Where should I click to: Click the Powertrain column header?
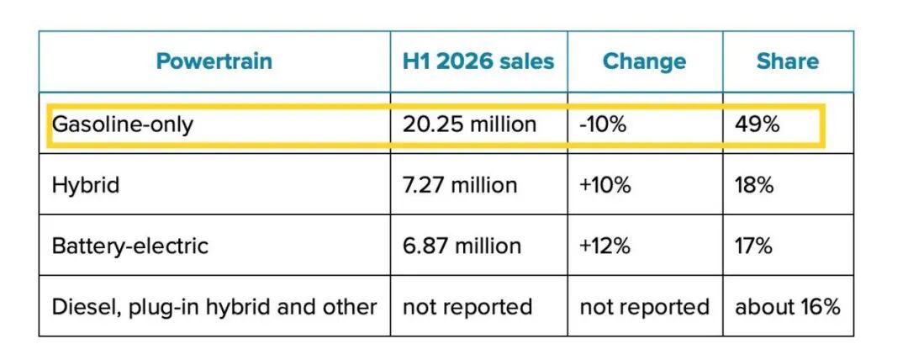[214, 61]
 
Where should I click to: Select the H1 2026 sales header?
[478, 61]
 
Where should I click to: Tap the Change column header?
[645, 61]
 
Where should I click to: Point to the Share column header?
[788, 61]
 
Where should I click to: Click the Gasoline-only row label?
[122, 124]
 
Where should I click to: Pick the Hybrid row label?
[86, 186]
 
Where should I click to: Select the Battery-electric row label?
[130, 246]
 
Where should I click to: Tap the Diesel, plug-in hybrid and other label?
[214, 307]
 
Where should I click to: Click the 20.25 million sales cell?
[470, 124]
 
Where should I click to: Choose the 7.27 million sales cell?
[460, 186]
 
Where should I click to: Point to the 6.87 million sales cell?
[462, 246]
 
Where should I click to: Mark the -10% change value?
[603, 124]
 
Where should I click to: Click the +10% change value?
[605, 186]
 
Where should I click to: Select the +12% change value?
[604, 246]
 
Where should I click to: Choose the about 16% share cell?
[788, 307]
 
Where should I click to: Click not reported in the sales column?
[467, 307]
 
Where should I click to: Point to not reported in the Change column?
[645, 307]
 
